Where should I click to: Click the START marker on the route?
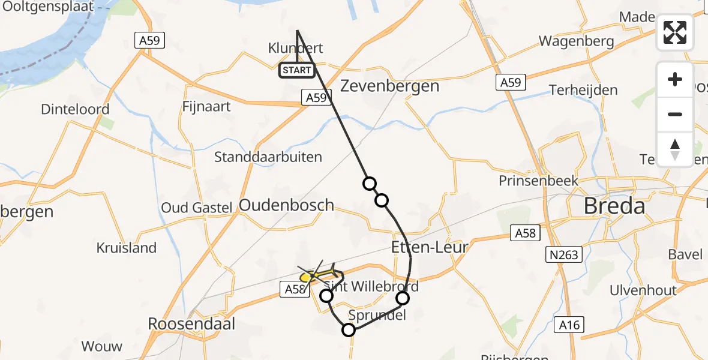click(x=297, y=70)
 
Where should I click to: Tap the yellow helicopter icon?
click(x=319, y=274)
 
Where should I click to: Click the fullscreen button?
click(x=675, y=32)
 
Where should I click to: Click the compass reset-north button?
click(x=675, y=149)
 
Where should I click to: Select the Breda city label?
click(x=614, y=206)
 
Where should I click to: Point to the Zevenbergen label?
click(x=390, y=86)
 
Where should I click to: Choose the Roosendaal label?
click(x=192, y=324)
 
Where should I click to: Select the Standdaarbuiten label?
click(x=268, y=157)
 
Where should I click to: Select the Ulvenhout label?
click(x=643, y=290)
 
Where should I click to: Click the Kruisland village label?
click(x=127, y=248)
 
